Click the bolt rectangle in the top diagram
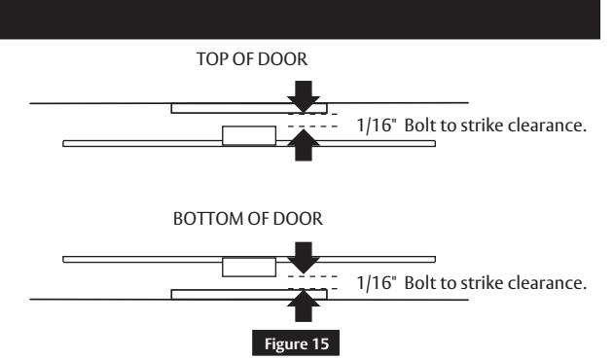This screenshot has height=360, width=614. pos(243,136)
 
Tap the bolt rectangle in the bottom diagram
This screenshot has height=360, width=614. pos(243,266)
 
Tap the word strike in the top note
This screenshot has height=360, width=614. pos(503,126)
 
